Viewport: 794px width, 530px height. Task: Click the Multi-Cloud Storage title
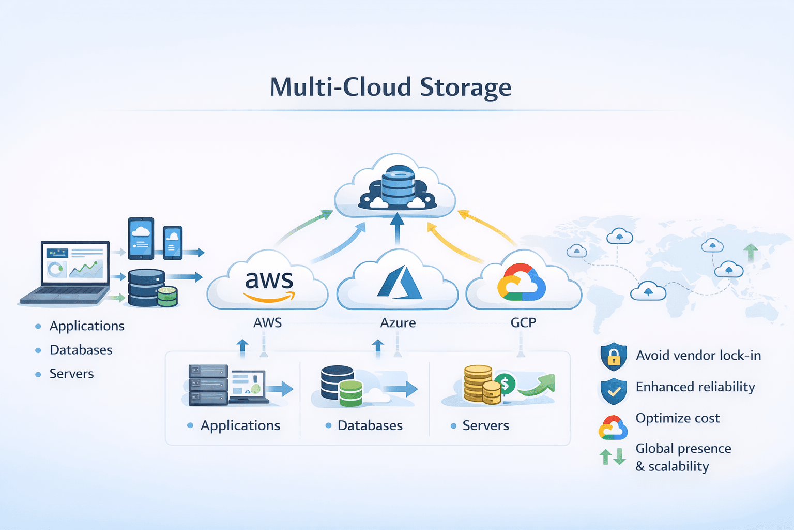pyautogui.click(x=391, y=87)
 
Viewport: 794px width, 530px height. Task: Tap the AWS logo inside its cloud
pyautogui.click(x=269, y=285)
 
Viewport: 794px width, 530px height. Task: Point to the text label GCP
pyautogui.click(x=523, y=322)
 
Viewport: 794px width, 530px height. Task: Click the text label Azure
pyautogui.click(x=398, y=322)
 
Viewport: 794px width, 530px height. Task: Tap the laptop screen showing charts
pyautogui.click(x=75, y=262)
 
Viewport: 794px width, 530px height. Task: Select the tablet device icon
pyautogui.click(x=141, y=238)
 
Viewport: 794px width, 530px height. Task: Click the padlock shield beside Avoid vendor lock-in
pyautogui.click(x=614, y=356)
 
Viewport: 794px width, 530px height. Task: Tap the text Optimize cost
pyautogui.click(x=677, y=418)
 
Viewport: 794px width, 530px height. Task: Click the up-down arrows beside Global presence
pyautogui.click(x=613, y=457)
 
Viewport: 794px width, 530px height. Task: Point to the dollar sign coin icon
pyautogui.click(x=505, y=384)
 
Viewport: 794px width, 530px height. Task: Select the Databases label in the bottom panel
pyautogui.click(x=370, y=425)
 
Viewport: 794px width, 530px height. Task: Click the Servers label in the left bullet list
pyautogui.click(x=71, y=374)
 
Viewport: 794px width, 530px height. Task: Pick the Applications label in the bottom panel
pyautogui.click(x=240, y=425)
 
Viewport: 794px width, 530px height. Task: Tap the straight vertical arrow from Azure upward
pyautogui.click(x=397, y=228)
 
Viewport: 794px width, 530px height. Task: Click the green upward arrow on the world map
pyautogui.click(x=751, y=253)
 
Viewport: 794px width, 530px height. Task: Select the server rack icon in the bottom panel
pyautogui.click(x=208, y=385)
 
